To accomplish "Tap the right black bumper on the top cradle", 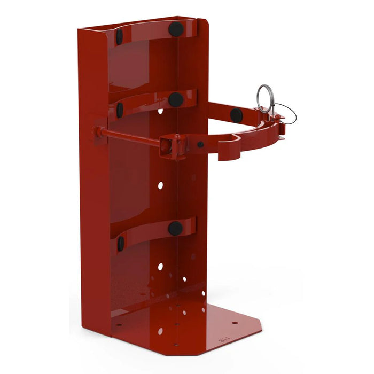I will (x=176, y=29).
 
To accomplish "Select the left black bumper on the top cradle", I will (x=119, y=36).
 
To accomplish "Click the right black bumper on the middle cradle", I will (x=176, y=99).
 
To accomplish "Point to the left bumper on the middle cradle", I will (x=120, y=110).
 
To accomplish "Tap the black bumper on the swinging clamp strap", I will (x=236, y=114).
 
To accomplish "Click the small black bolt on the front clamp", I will (x=200, y=144).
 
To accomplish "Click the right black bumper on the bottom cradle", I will (x=175, y=229).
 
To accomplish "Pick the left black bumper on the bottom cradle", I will (x=121, y=244).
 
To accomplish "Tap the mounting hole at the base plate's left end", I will (x=119, y=323).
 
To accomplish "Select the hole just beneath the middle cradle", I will (x=160, y=112).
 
